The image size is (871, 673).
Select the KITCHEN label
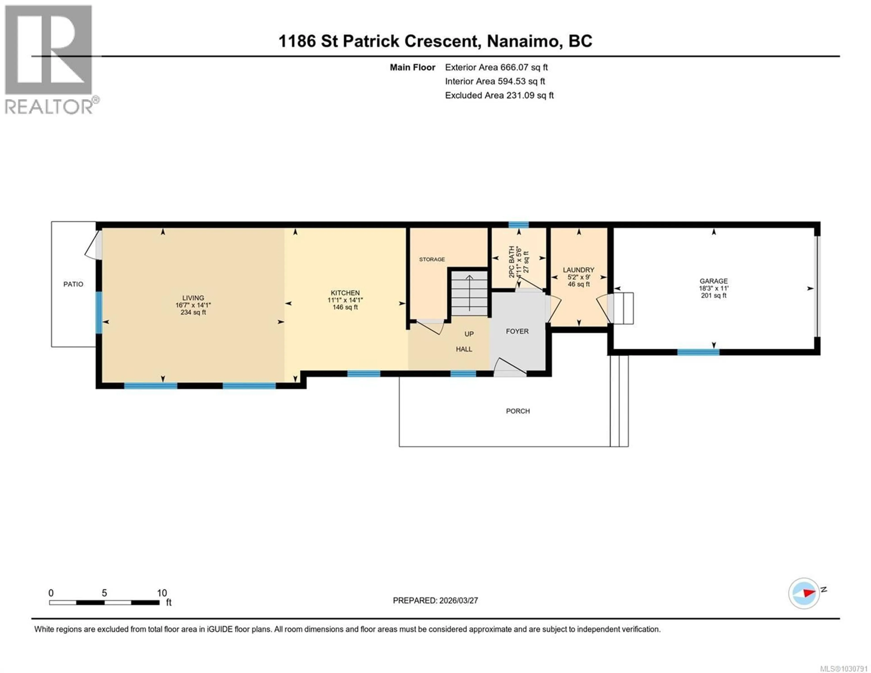point(345,293)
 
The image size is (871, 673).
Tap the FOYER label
point(517,331)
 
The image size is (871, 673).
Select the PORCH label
point(518,411)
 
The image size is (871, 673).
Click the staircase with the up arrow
point(469,293)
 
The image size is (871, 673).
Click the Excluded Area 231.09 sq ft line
point(499,95)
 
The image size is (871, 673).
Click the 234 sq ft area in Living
point(193,312)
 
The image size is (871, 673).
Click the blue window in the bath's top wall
point(519,225)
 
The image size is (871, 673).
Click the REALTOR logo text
point(49,107)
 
